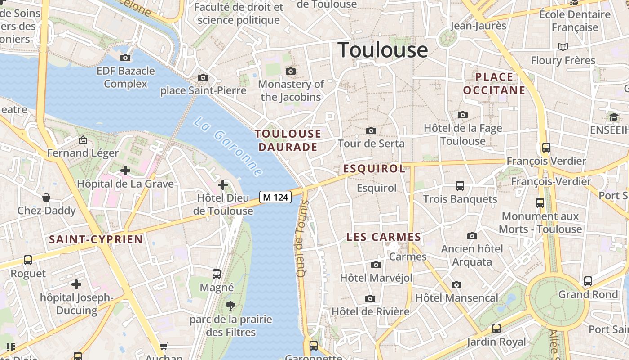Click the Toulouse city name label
coord(382,49)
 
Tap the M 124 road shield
coord(275,197)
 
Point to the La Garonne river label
coord(229,147)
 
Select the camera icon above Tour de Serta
coord(371,130)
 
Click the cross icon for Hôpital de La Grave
coord(125,171)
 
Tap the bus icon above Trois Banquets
coord(460,185)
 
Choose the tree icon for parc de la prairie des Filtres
coord(230,306)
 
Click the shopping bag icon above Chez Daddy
coord(46,197)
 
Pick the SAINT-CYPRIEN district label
coord(96,239)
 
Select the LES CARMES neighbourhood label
coord(384,237)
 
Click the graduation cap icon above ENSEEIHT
coord(614,117)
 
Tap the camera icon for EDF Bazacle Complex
coord(125,58)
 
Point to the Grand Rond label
coord(588,294)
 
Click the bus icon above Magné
coord(217,274)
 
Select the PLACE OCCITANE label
coord(494,84)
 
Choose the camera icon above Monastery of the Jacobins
coord(291,71)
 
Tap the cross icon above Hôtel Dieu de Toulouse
coord(223,184)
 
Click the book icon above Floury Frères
coord(563,47)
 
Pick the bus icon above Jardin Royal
coord(496,328)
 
